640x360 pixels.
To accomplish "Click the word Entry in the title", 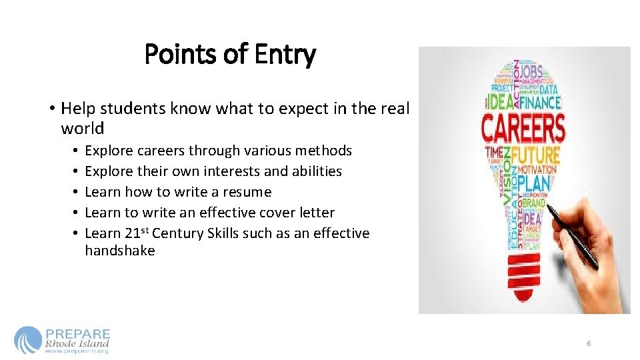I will pos(283,54).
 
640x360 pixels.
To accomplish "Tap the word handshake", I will pos(120,251).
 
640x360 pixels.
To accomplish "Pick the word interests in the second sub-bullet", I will pos(230,171).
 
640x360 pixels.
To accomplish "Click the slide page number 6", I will pos(589,343).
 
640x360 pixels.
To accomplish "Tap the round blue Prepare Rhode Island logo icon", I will pos(27,339).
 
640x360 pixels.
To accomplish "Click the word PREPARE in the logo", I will pos(78,333).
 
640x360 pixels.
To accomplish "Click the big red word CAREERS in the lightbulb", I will pos(523,128).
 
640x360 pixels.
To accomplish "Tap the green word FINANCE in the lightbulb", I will pos(540,103).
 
